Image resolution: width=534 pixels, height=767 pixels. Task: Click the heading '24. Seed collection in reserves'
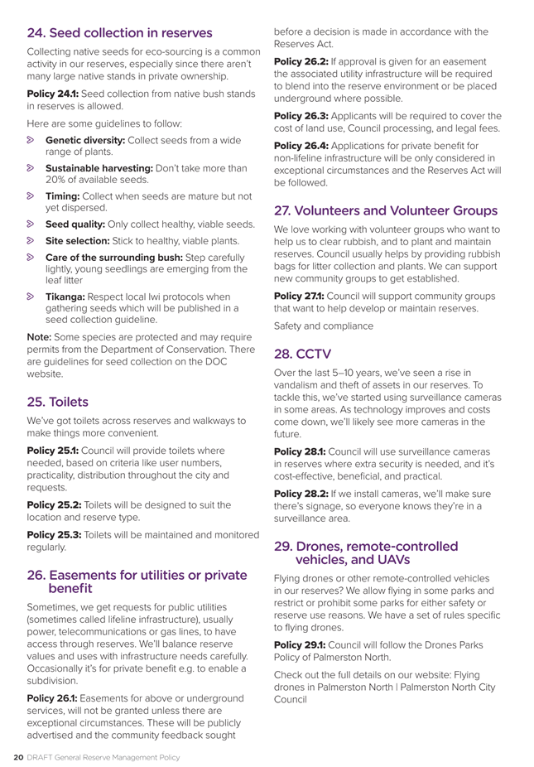[x=120, y=34]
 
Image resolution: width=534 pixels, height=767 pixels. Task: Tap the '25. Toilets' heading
[x=58, y=402]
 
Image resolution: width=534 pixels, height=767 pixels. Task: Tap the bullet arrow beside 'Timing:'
[x=32, y=196]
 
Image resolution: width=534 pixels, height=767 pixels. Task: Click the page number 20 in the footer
[x=17, y=755]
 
